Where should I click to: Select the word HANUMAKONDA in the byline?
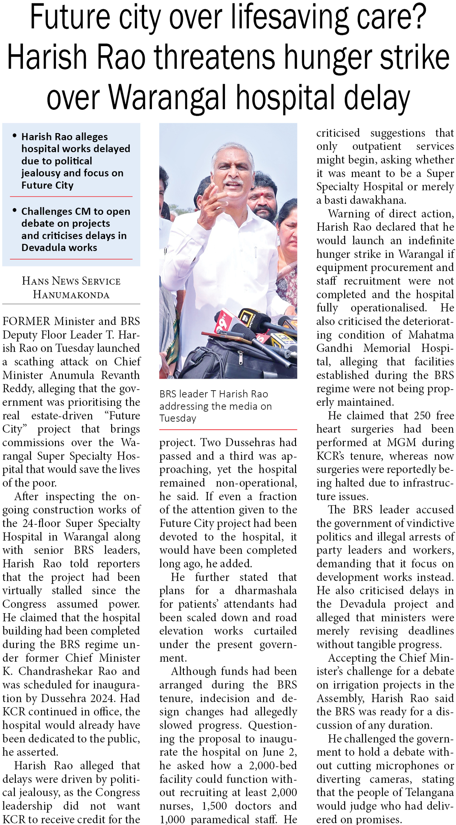[x=71, y=295]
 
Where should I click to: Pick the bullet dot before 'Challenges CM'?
[x=14, y=210]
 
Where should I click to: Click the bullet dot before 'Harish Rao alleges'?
[x=14, y=136]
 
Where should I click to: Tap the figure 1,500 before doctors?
[x=214, y=806]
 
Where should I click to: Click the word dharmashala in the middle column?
[x=266, y=591]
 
